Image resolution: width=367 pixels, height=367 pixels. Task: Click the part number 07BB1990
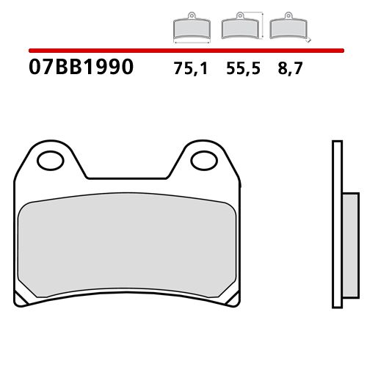81,68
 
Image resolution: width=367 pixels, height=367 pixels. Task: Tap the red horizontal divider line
183,51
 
